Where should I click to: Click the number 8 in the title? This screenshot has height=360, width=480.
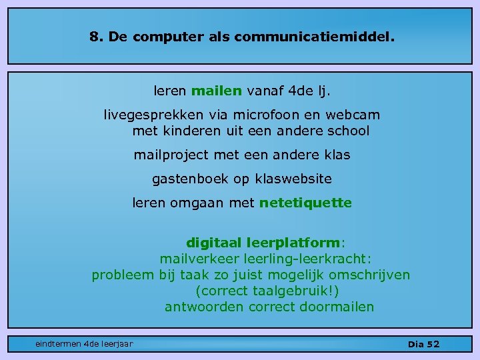click(x=94, y=37)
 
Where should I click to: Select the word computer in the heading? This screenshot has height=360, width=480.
click(x=165, y=38)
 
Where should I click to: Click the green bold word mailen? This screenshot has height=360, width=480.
click(x=217, y=90)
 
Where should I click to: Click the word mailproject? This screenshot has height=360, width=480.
click(x=171, y=155)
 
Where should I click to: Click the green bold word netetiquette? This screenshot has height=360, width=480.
click(x=305, y=203)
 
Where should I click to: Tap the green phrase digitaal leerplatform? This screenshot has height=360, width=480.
click(x=268, y=243)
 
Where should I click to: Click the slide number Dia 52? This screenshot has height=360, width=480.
click(x=423, y=344)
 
